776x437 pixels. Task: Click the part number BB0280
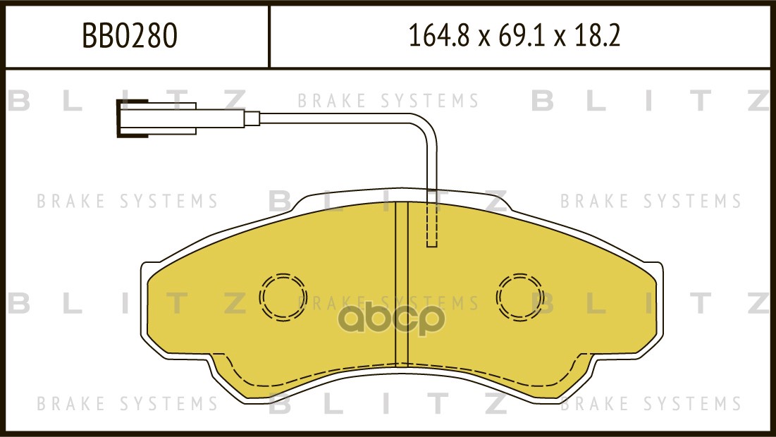[130, 36]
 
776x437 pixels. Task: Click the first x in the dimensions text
[484, 38]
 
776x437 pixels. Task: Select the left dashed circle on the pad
[283, 296]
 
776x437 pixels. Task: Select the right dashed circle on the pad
[520, 296]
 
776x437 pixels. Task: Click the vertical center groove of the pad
[402, 282]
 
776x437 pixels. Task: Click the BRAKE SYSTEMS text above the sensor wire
[388, 101]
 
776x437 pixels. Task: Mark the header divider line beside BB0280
[269, 36]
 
